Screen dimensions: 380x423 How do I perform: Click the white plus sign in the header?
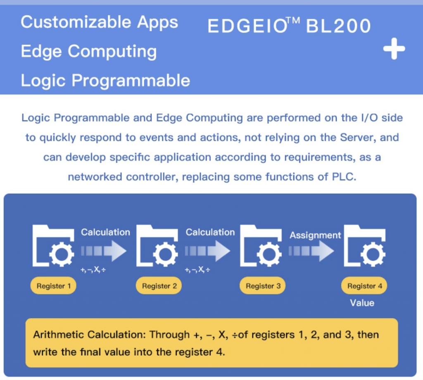pos(394,49)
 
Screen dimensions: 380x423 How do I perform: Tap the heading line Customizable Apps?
pos(99,22)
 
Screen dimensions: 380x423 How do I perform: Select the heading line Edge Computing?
pos(88,51)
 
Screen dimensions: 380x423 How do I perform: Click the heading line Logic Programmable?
pos(105,80)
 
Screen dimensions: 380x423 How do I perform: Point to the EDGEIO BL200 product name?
pos(289,26)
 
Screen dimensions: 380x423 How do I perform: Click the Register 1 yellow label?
pos(53,286)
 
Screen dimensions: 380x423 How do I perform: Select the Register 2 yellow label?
pos(159,286)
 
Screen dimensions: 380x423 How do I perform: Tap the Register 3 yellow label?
pos(263,286)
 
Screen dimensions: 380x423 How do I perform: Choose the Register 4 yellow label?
pos(364,286)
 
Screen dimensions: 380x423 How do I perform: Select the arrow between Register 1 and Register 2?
pos(104,251)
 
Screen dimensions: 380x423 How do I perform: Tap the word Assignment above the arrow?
pos(315,235)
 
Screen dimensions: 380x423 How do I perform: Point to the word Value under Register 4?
pos(362,303)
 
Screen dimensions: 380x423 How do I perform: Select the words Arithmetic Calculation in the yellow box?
pos(89,334)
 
